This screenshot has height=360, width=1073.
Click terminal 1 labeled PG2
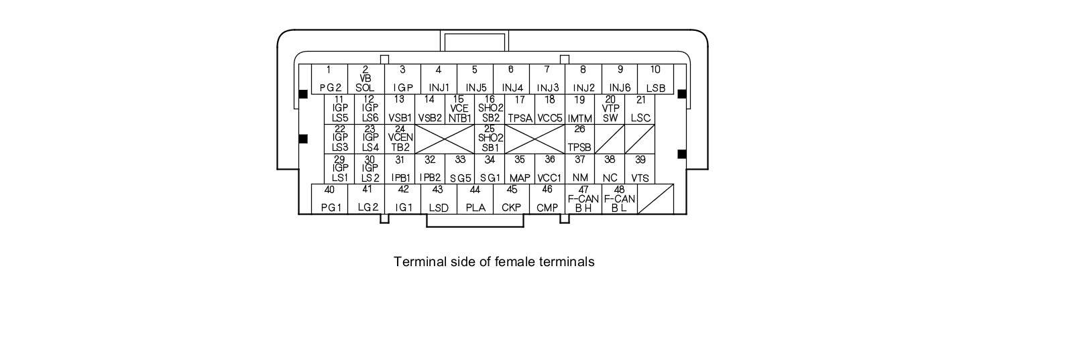click(329, 79)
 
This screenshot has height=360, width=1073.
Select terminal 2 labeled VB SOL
click(365, 79)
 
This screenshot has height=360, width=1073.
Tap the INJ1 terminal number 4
click(439, 79)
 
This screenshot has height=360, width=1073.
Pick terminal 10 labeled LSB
click(655, 79)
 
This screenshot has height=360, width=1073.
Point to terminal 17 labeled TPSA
click(520, 109)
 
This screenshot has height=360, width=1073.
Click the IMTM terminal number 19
click(580, 109)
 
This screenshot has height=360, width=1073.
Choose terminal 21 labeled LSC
click(640, 109)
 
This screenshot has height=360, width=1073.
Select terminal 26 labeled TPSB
click(580, 139)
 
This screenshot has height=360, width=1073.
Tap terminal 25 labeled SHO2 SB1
click(490, 139)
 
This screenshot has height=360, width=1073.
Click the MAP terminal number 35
click(520, 169)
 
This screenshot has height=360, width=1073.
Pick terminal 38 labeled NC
click(610, 169)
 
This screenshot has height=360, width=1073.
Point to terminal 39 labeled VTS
click(640, 169)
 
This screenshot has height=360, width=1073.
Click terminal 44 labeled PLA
click(475, 199)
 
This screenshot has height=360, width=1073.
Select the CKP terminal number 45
click(511, 199)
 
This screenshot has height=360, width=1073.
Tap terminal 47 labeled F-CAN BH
click(583, 199)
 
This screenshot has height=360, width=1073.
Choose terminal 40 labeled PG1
click(330, 199)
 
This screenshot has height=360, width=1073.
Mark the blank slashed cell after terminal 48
click(655, 199)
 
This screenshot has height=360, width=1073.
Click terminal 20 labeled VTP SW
click(610, 109)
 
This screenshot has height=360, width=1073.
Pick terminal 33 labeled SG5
click(460, 169)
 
